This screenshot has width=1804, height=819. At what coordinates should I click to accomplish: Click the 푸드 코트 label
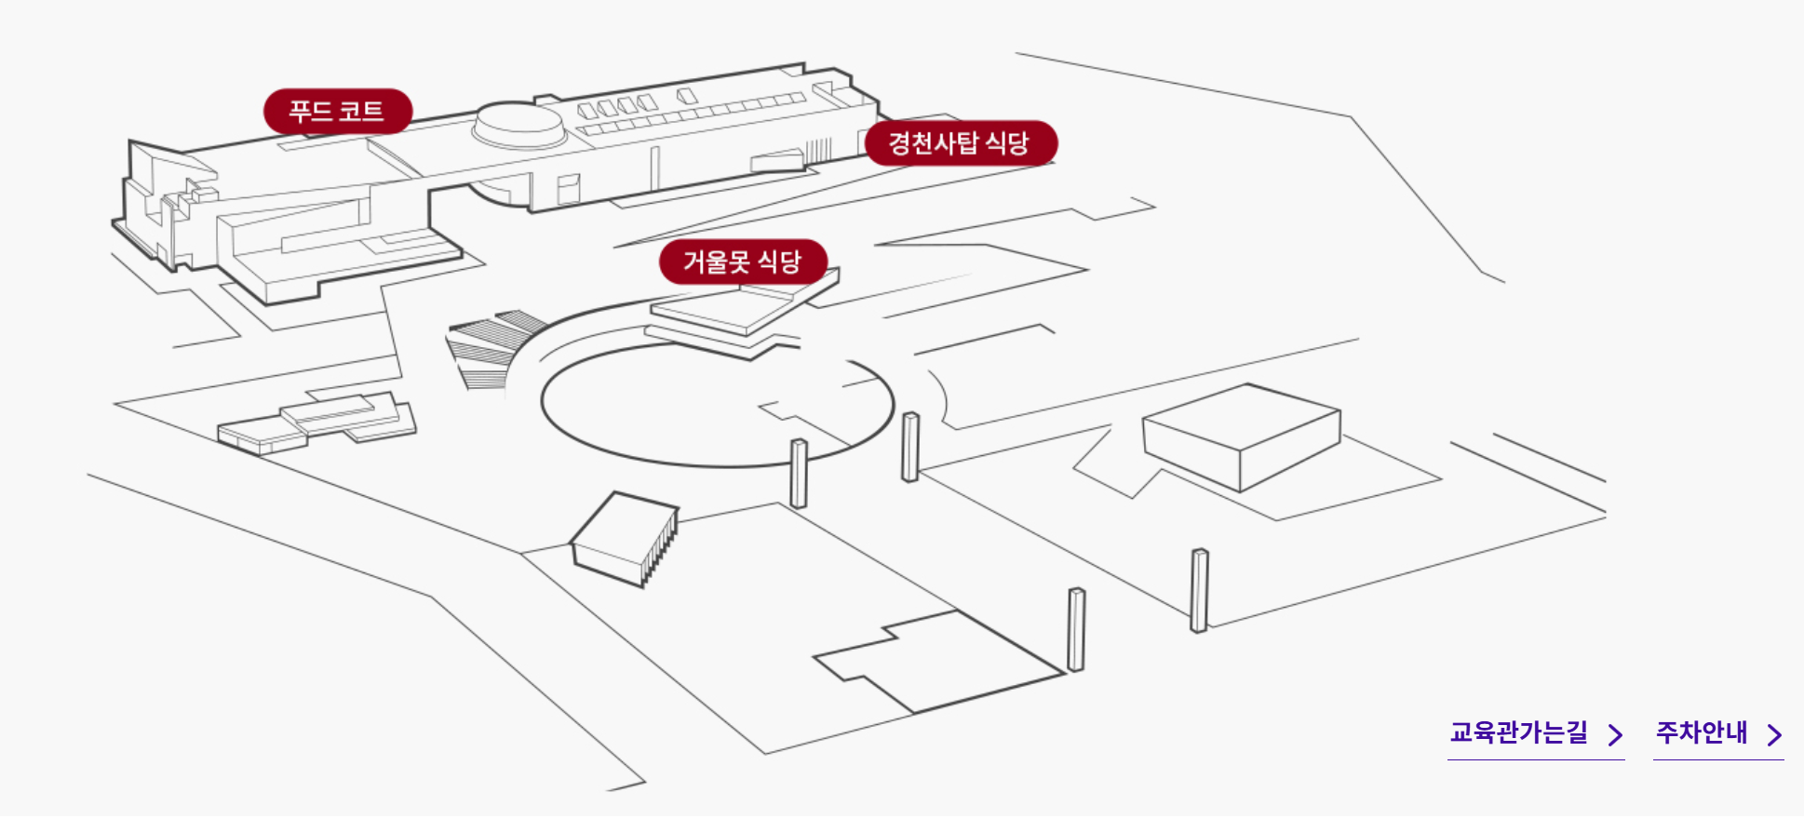[337, 112]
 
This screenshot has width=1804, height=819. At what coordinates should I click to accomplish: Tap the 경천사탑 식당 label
[960, 143]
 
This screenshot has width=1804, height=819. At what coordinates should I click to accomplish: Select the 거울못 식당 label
[742, 262]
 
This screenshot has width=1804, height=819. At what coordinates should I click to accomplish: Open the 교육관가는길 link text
[1518, 732]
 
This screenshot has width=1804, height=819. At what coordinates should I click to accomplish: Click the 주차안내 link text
[1702, 732]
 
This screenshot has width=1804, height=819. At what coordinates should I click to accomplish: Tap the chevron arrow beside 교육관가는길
[1616, 735]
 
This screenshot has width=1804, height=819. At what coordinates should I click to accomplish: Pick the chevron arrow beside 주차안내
[1775, 735]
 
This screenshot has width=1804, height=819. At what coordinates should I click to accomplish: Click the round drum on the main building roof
[518, 124]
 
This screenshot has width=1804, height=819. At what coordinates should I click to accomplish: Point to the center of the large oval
[717, 405]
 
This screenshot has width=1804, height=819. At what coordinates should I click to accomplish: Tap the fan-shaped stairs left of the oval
[489, 349]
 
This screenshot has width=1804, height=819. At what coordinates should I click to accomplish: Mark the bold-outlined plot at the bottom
[940, 661]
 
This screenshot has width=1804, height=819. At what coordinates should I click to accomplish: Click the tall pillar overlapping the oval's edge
[799, 473]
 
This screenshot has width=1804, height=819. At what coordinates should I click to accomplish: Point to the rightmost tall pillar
[1200, 590]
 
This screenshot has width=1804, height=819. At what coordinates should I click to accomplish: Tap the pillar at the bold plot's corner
[1076, 629]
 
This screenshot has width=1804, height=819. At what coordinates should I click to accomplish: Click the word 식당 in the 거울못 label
[779, 262]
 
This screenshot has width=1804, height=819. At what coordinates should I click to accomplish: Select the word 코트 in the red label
[361, 112]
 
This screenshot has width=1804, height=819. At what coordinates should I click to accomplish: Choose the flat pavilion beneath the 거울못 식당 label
[735, 312]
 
